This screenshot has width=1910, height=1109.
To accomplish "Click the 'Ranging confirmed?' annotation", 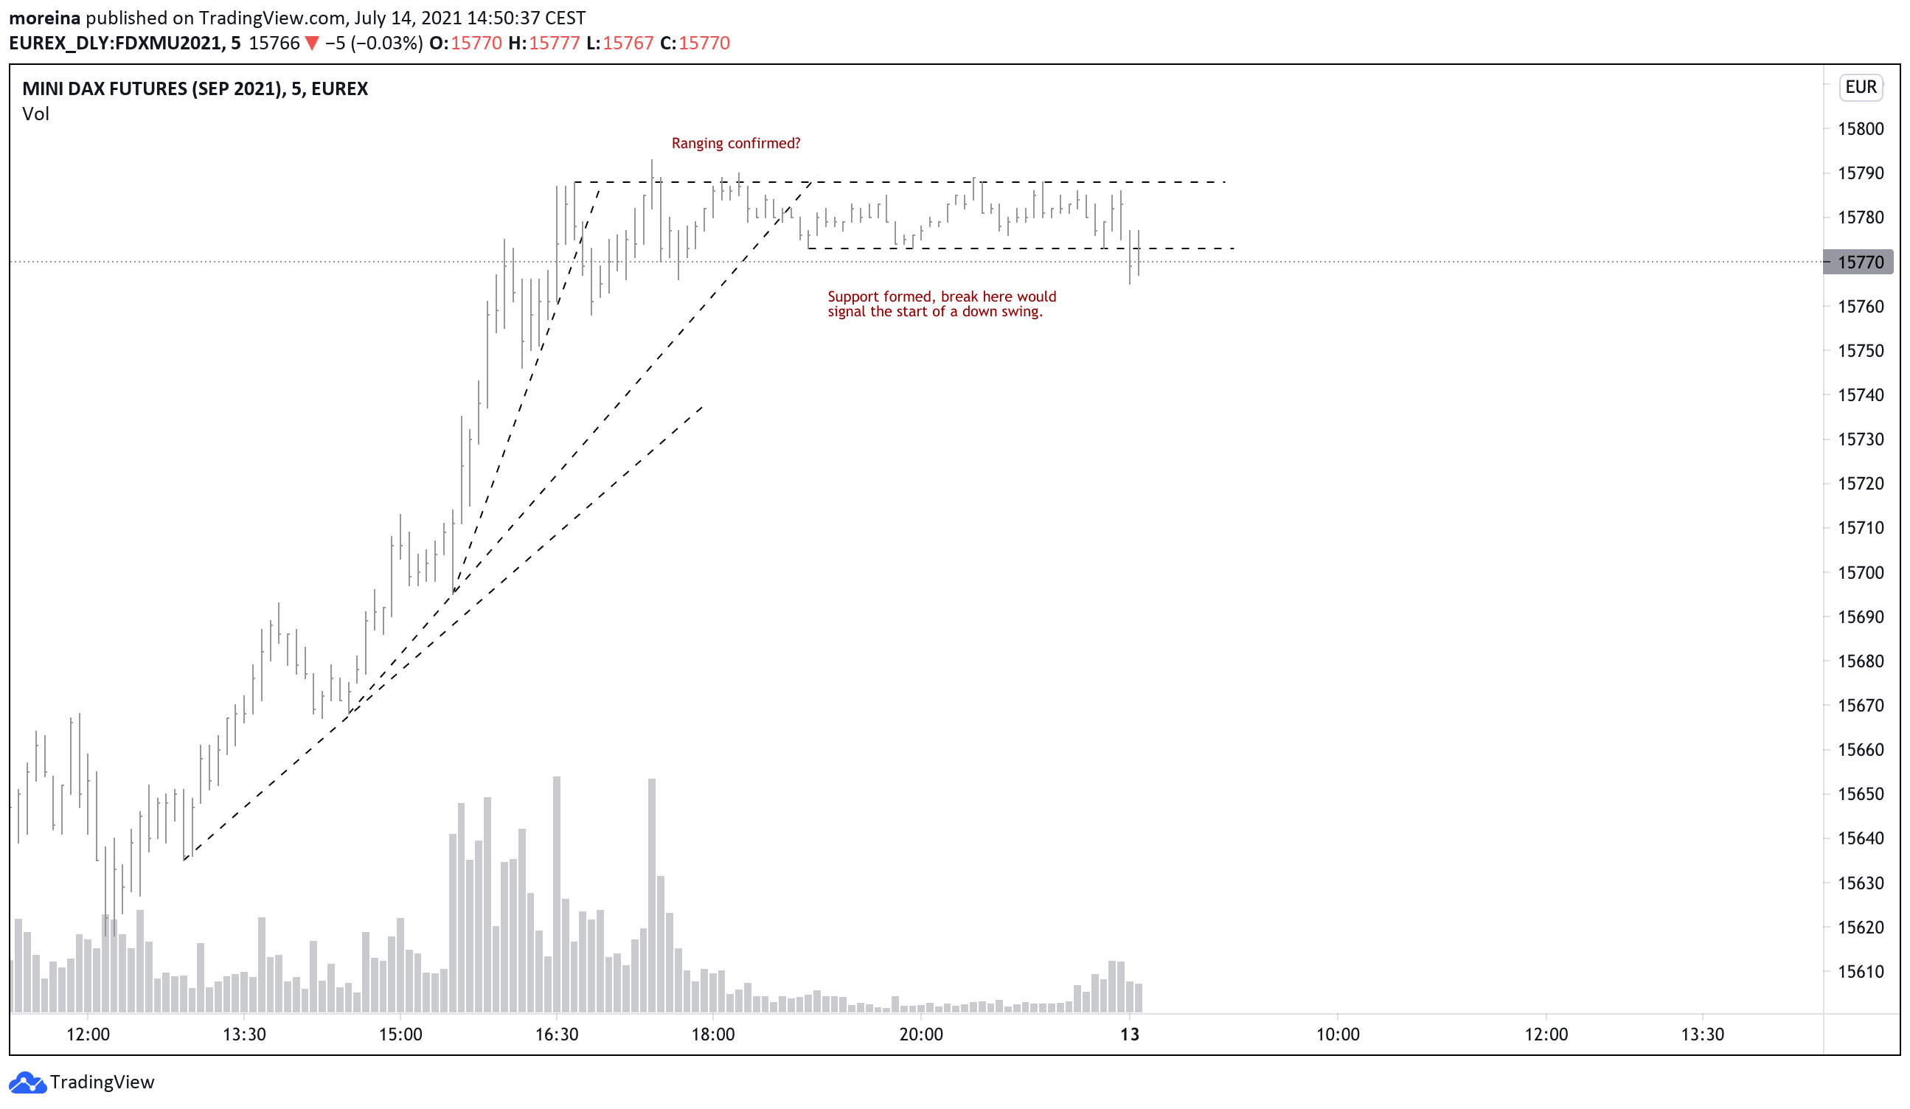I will (735, 143).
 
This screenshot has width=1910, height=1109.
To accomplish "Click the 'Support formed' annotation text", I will (941, 304).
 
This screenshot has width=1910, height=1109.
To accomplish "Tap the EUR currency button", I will (1860, 87).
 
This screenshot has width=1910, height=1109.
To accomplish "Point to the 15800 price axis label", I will (1860, 129).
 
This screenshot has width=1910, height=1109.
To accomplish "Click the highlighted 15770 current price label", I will (1860, 263).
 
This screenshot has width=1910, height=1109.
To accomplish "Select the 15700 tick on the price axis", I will (1860, 573).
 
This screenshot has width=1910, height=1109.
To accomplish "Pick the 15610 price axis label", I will (1860, 972).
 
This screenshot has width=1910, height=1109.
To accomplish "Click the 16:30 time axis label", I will (556, 1035).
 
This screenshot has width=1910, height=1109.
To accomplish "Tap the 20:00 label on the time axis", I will (921, 1035).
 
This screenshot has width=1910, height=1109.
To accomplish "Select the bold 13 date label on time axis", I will (1129, 1035).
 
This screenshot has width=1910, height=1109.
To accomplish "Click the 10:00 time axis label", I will (1337, 1035).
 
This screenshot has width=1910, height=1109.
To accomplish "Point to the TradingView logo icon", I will (28, 1082).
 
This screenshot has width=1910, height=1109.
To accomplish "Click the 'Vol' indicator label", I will (35, 114).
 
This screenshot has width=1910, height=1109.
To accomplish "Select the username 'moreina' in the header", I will (44, 18).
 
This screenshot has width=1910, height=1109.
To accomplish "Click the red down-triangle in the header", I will (311, 44).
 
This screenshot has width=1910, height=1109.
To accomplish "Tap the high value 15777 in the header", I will (554, 44).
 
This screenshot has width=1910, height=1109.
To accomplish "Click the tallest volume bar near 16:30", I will (557, 894).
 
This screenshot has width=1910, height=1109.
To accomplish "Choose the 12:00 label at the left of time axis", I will (88, 1035).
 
